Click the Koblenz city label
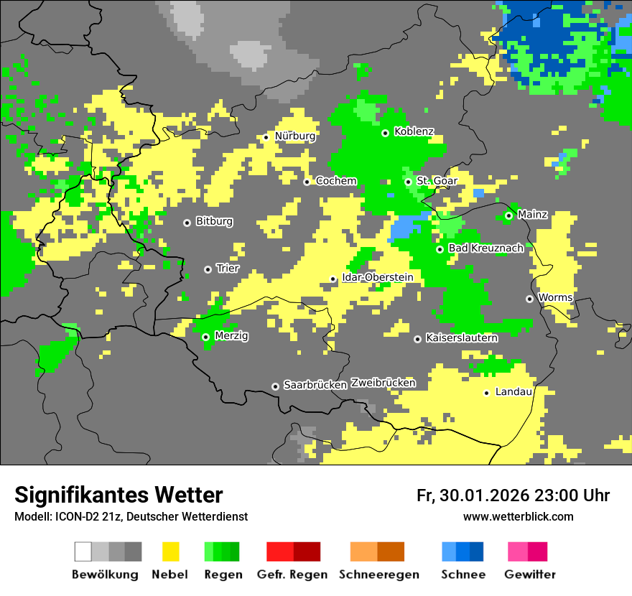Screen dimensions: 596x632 click(414, 131)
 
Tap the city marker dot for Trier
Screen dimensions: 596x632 click(208, 269)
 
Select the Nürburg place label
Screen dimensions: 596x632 click(294, 136)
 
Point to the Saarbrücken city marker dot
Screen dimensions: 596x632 click(275, 386)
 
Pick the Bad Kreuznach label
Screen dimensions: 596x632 click(485, 248)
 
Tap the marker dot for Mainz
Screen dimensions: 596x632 click(508, 215)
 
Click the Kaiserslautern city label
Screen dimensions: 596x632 click(462, 337)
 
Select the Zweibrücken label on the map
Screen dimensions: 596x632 click(384, 383)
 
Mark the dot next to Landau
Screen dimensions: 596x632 click(486, 393)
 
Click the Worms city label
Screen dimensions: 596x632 click(555, 297)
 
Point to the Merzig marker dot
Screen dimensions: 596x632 click(205, 337)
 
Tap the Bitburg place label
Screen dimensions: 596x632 click(214, 221)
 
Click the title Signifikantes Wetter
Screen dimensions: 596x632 click(118, 495)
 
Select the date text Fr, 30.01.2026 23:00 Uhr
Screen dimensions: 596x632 click(513, 495)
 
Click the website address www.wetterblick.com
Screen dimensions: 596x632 click(518, 517)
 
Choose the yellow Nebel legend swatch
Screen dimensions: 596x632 click(170, 551)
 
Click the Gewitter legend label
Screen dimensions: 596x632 click(529, 574)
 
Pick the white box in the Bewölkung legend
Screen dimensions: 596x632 click(83, 551)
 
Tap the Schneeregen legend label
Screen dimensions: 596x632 click(378, 574)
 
